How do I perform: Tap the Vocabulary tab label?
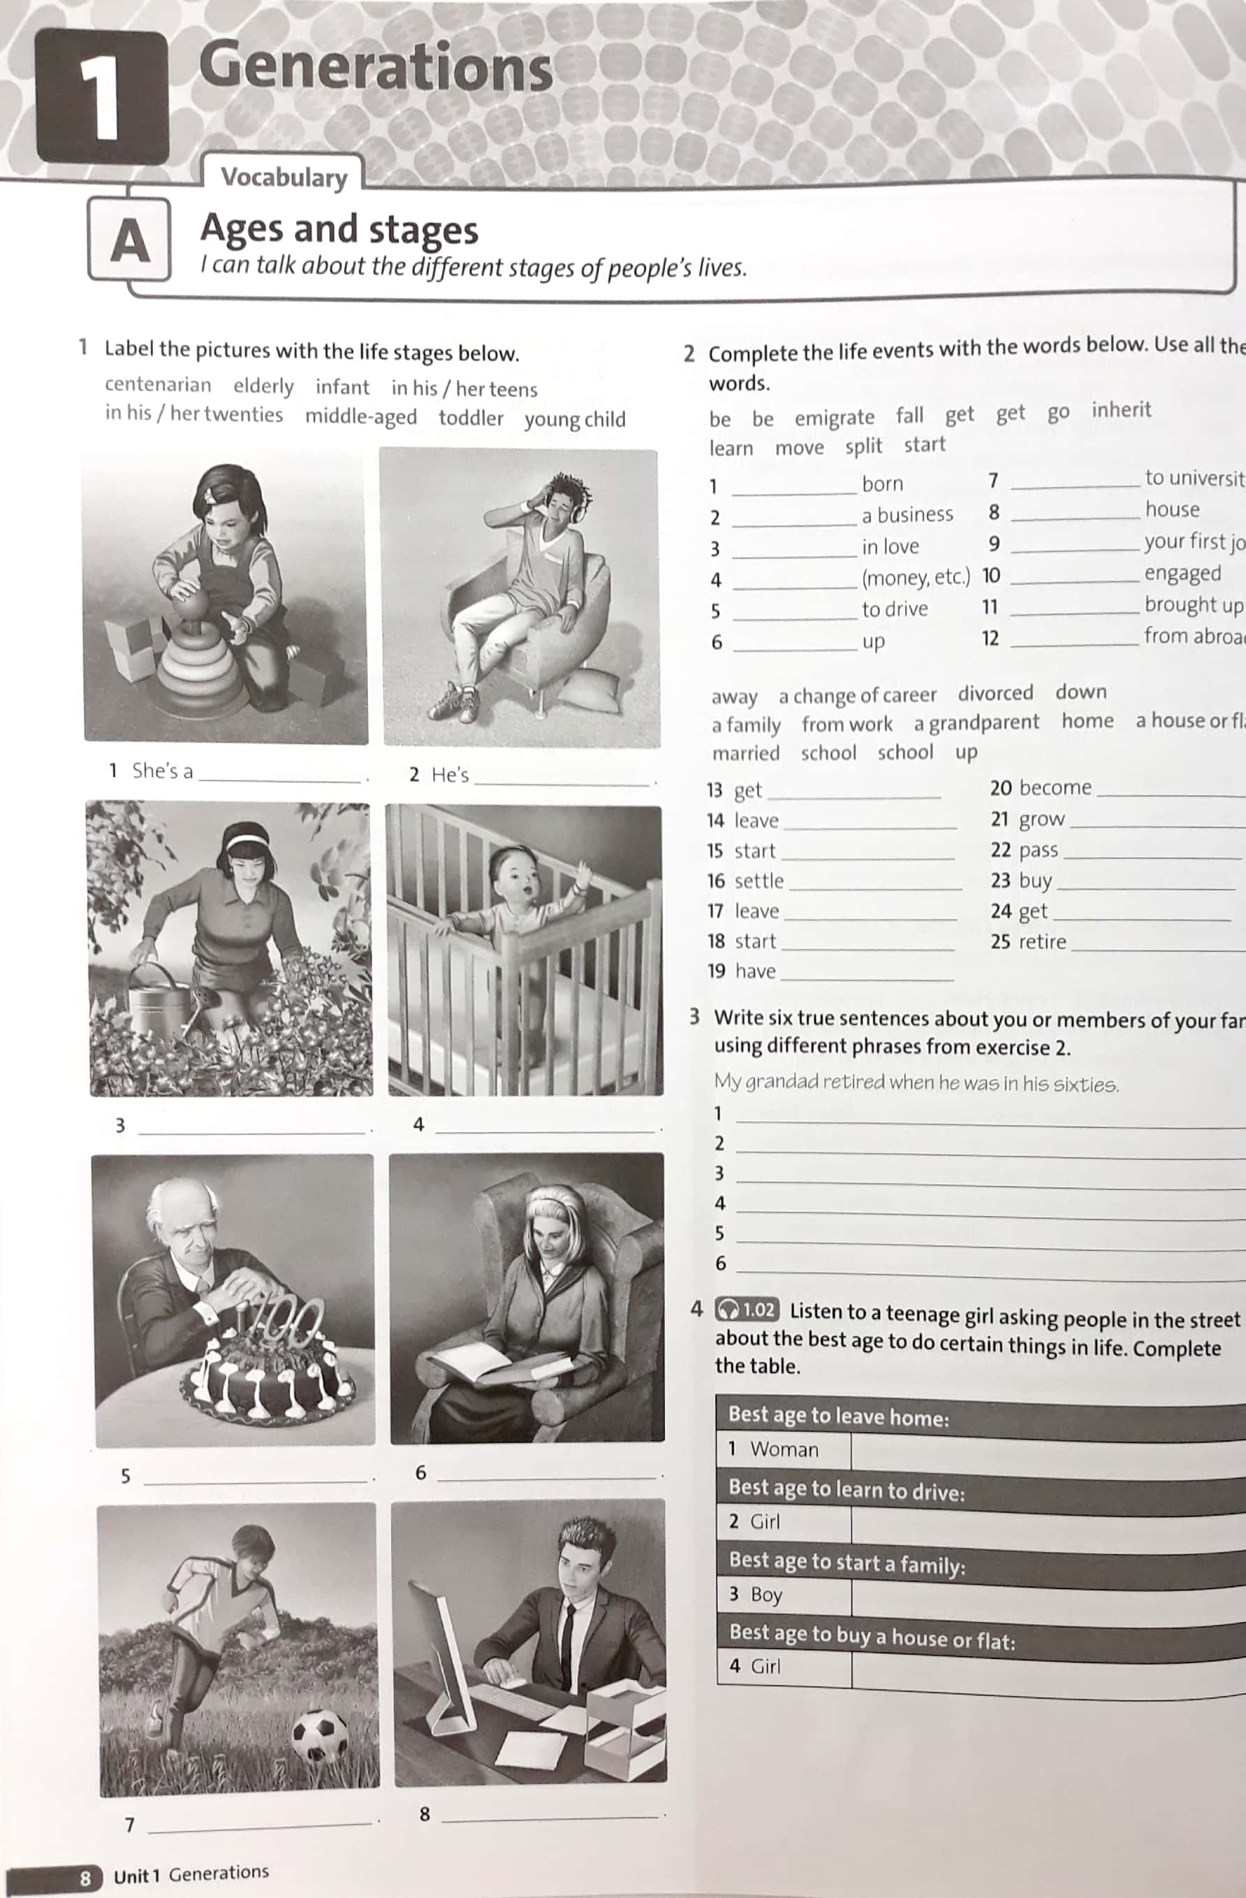284,177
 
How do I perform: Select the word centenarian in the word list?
158,384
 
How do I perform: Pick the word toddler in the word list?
470,418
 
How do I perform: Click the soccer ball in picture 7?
320,1734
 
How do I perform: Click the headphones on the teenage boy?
573,499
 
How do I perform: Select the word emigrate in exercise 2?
834,418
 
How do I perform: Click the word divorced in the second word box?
995,693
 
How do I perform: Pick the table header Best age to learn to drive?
846,1490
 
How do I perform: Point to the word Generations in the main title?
376,68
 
